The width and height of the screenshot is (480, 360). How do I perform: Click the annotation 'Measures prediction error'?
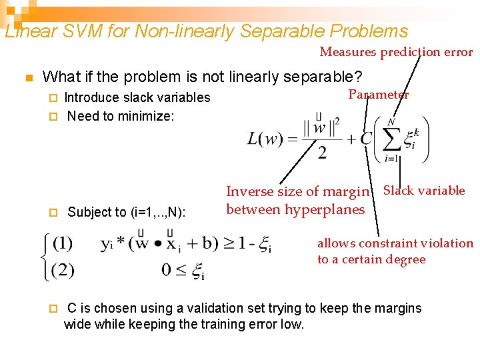click(x=396, y=52)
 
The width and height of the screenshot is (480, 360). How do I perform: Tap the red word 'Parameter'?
click(x=378, y=95)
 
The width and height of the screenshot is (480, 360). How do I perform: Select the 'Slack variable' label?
click(x=424, y=191)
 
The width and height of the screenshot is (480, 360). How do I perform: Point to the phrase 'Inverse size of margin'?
click(x=297, y=192)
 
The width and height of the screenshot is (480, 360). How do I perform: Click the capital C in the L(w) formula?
click(x=366, y=139)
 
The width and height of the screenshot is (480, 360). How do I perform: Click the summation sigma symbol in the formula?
click(x=392, y=139)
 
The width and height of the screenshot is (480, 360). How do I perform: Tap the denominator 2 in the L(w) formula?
click(x=322, y=153)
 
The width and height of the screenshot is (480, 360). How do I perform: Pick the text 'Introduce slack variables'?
click(x=137, y=98)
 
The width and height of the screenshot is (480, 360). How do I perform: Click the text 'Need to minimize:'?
click(x=121, y=117)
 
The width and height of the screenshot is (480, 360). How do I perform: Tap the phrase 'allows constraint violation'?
click(x=395, y=244)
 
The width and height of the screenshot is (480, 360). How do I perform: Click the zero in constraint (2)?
click(x=166, y=271)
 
